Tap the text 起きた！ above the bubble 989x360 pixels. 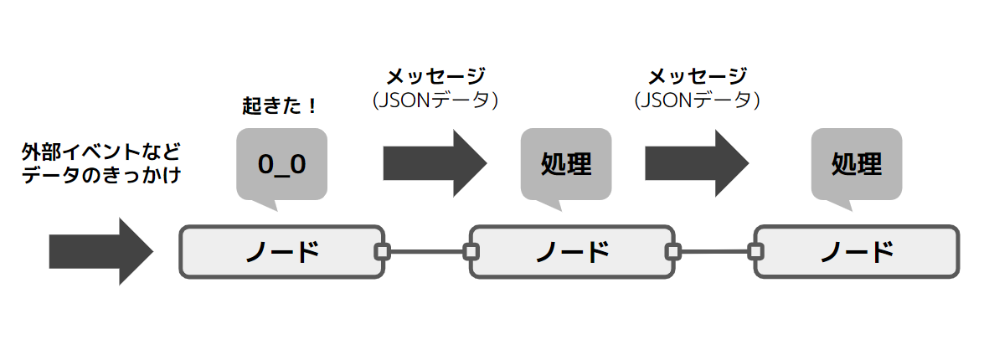(x=280, y=106)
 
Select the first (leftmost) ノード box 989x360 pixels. (x=281, y=251)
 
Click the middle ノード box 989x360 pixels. (x=572, y=251)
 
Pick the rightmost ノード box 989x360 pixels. (x=856, y=251)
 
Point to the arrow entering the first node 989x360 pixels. (x=100, y=251)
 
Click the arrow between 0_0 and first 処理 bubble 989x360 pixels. (x=434, y=163)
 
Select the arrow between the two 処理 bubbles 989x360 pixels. (x=697, y=163)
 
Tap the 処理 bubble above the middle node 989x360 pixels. (x=566, y=164)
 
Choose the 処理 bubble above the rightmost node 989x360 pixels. (x=856, y=164)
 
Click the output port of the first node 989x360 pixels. (x=383, y=251)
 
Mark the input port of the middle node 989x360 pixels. (x=471, y=251)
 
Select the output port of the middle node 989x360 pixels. (x=672, y=251)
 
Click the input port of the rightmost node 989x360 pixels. (x=755, y=251)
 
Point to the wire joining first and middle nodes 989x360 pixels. (x=427, y=251)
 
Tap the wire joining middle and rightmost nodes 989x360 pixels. (x=714, y=251)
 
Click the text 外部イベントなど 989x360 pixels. (x=101, y=153)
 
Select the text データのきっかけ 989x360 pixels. (x=101, y=175)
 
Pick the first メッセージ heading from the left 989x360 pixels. (x=435, y=77)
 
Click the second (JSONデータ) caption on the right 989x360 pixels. (x=697, y=100)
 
